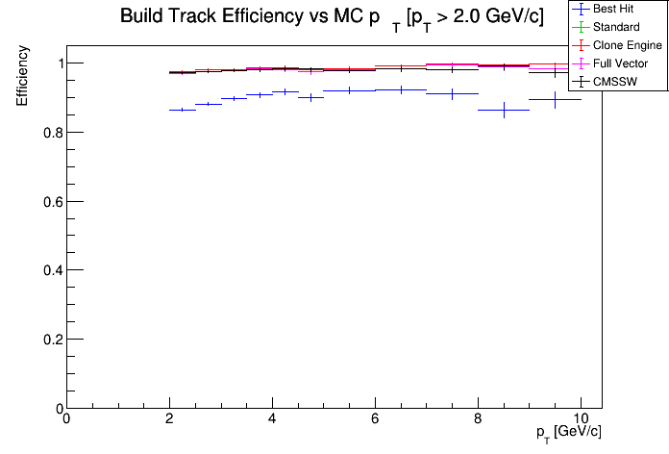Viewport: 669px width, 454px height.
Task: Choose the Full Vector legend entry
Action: pos(620,63)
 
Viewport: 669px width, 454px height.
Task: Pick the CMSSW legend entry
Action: pos(616,82)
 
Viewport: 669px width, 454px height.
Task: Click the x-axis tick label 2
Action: pos(169,419)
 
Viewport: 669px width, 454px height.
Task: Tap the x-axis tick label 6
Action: pos(375,419)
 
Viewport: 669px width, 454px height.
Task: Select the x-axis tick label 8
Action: pos(478,419)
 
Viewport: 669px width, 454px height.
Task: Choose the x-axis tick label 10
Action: pos(581,419)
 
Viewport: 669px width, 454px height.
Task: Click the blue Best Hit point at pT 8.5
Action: pos(504,111)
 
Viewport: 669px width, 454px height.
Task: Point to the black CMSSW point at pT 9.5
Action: pos(555,99)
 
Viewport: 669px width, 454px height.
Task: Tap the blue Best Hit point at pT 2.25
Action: pos(182,110)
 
